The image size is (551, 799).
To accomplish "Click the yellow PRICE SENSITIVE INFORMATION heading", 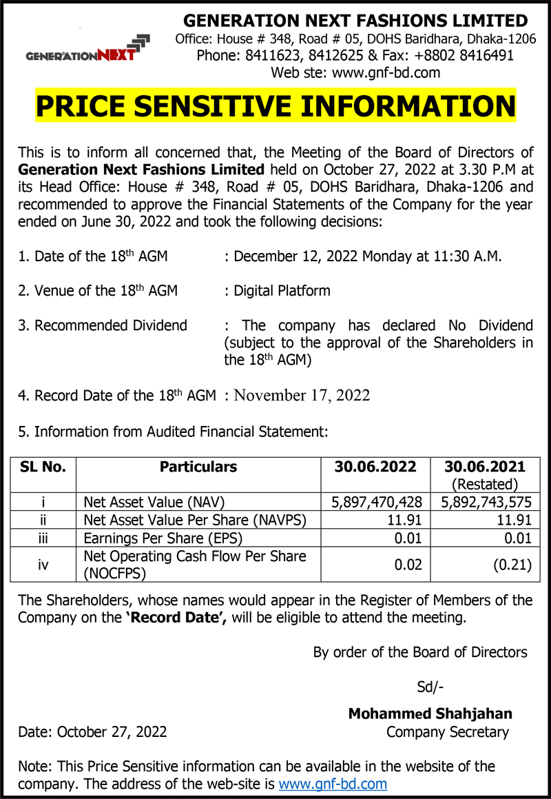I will [275, 106].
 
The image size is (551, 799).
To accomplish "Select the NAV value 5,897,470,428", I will [377, 502].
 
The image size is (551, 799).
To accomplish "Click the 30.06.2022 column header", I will [375, 467].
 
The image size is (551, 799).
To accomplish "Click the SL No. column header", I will [43, 467].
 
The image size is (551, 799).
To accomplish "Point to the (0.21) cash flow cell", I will [512, 565].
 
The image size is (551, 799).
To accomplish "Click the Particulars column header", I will [198, 467].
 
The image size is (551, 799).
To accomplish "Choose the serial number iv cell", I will [43, 565].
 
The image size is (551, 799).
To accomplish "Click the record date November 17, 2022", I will [302, 396].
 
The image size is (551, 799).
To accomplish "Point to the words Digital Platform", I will [282, 291].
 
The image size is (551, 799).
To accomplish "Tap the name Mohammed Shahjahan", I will [430, 714].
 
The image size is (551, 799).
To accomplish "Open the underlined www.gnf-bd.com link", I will [333, 784].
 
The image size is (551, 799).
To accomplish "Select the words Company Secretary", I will [447, 732].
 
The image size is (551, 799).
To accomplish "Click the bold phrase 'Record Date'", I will [177, 618].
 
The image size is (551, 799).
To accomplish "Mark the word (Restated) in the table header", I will [485, 484].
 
